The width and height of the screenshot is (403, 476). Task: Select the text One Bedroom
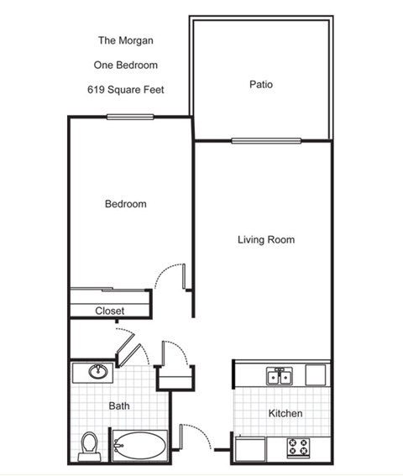[125, 65]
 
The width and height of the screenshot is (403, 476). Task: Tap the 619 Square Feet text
[125, 89]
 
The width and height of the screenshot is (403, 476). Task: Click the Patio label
[261, 85]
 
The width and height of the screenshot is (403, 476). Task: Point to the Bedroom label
[125, 204]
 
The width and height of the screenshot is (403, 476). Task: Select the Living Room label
[265, 240]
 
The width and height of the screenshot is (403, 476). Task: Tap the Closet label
[109, 311]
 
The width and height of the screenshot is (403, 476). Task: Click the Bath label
[118, 406]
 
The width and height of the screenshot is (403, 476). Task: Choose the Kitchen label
[285, 414]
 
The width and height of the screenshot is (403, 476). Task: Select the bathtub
[140, 445]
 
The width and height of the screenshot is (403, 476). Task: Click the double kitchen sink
[279, 377]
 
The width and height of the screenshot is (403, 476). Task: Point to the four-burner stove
[298, 447]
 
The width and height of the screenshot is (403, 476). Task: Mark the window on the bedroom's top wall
[129, 117]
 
